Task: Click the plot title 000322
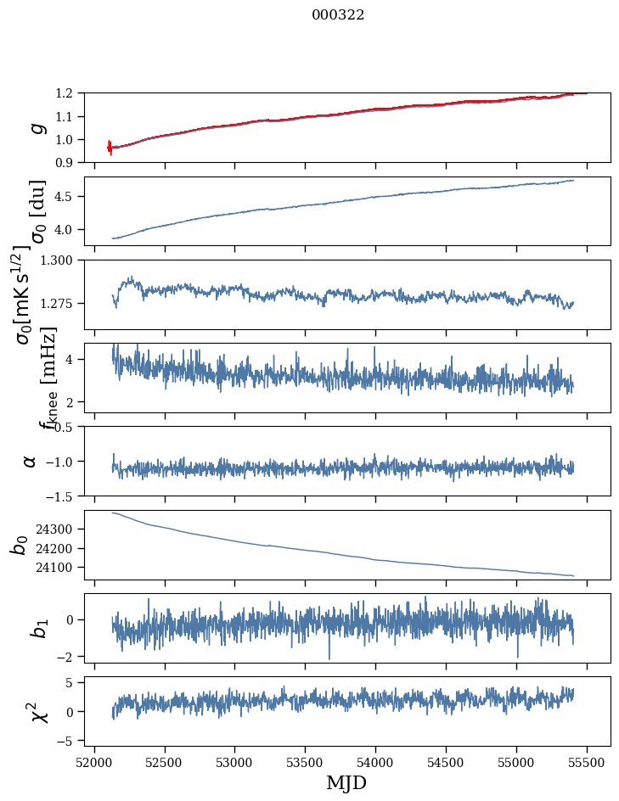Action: coord(338,15)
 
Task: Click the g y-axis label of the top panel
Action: coord(36,127)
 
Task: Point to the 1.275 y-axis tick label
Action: coord(63,303)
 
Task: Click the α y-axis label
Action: coord(31,461)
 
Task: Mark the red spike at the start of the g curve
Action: coord(110,147)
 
